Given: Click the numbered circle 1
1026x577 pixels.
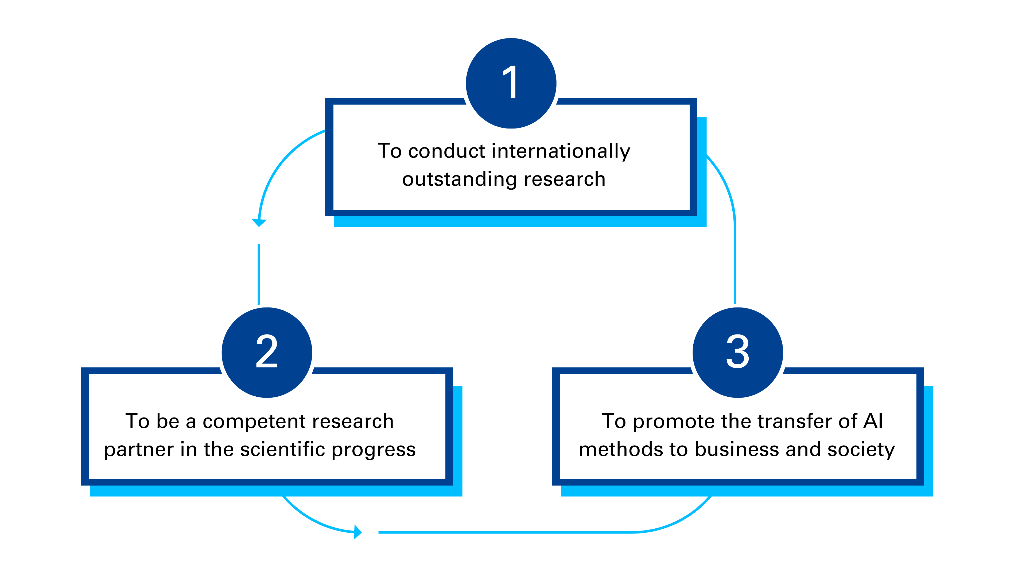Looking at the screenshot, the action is pos(511,83).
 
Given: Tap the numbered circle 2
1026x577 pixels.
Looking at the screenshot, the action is pos(267,352).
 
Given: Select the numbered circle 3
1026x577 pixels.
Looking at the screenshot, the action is pos(738,352).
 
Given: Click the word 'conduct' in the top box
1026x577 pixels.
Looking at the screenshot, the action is pos(446,151).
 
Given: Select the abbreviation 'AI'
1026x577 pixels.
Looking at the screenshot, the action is pos(873,421).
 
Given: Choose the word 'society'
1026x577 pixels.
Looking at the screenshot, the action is pos(861,450).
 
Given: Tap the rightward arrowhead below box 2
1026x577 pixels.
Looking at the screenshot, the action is pos(358,532).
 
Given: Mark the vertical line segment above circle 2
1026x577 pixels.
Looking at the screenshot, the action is pos(259,274).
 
